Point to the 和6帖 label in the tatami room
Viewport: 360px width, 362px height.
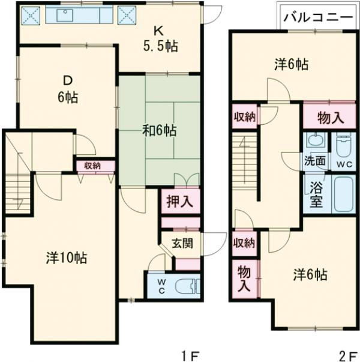[158, 130]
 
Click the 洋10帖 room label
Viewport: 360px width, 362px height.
[66, 258]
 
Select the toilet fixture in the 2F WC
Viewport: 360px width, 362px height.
[343, 145]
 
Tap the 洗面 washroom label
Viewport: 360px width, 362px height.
[314, 161]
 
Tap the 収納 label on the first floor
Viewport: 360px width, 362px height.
[92, 166]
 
